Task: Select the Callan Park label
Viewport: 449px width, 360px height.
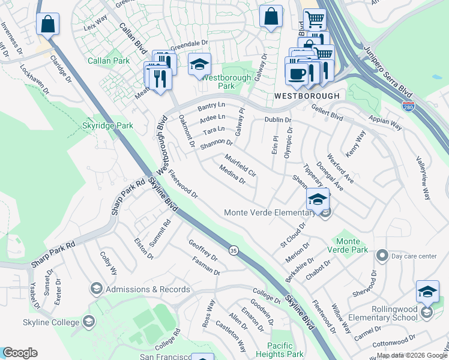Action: (x=109, y=61)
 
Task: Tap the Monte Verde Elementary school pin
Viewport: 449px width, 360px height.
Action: (x=318, y=199)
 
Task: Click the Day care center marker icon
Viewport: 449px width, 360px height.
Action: (x=382, y=256)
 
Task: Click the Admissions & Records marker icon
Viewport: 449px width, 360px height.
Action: (x=96, y=289)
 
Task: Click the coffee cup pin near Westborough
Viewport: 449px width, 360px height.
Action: (x=295, y=73)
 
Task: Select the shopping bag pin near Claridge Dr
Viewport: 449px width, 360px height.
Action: (x=47, y=25)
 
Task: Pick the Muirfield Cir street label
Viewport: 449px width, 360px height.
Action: (x=241, y=166)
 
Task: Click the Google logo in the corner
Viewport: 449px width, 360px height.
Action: (x=20, y=353)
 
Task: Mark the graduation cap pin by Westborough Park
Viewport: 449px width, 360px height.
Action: (x=199, y=64)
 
